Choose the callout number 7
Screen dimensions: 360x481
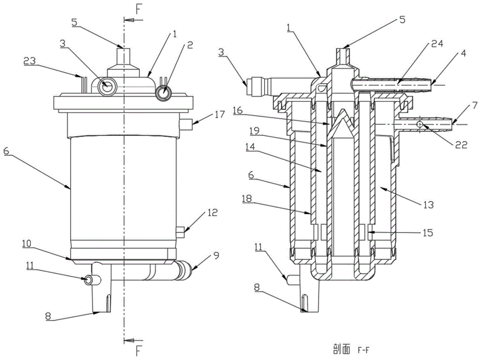pyautogui.click(x=460, y=105)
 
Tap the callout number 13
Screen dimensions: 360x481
pyautogui.click(x=428, y=205)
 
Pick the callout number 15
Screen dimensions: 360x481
pyautogui.click(x=427, y=233)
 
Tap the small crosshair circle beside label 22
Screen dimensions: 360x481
pyautogui.click(x=420, y=124)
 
